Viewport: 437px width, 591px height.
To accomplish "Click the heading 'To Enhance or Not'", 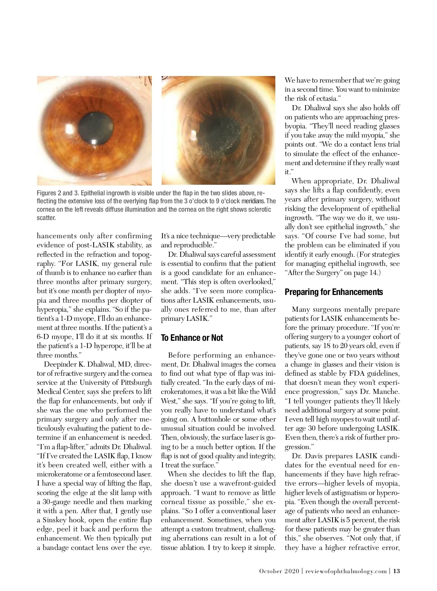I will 192,338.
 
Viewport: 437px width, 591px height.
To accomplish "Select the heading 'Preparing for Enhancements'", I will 334,292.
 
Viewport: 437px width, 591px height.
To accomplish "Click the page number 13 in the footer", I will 397,571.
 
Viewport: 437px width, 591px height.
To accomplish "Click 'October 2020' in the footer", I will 279,571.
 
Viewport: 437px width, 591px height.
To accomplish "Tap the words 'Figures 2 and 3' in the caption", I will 56,193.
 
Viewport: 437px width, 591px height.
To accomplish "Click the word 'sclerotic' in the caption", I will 259,209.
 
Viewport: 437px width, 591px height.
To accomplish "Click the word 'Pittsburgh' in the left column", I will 133,383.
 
